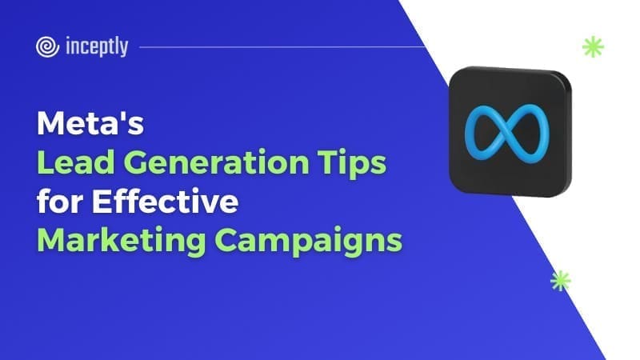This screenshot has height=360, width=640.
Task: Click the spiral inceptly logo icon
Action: click(x=47, y=47)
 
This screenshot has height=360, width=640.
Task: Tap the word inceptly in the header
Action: click(x=97, y=46)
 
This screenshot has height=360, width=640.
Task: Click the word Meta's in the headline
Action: click(x=90, y=123)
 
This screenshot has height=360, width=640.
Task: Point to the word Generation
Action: click(x=216, y=163)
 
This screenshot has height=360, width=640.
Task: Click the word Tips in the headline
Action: click(x=352, y=164)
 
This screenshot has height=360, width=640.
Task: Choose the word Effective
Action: click(x=166, y=201)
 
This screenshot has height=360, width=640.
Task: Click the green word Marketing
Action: click(x=122, y=242)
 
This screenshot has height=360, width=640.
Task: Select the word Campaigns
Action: click(x=309, y=242)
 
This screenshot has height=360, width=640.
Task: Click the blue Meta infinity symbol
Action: click(x=507, y=131)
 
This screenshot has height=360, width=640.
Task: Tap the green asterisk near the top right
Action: click(x=593, y=46)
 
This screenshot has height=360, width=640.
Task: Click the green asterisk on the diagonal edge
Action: click(x=561, y=281)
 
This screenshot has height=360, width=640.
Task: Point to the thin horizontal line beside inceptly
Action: click(x=282, y=47)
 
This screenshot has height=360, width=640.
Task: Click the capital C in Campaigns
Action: click(x=228, y=240)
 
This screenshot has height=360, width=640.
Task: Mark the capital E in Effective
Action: click(x=102, y=201)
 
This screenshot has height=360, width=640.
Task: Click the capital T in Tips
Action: click(x=329, y=162)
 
